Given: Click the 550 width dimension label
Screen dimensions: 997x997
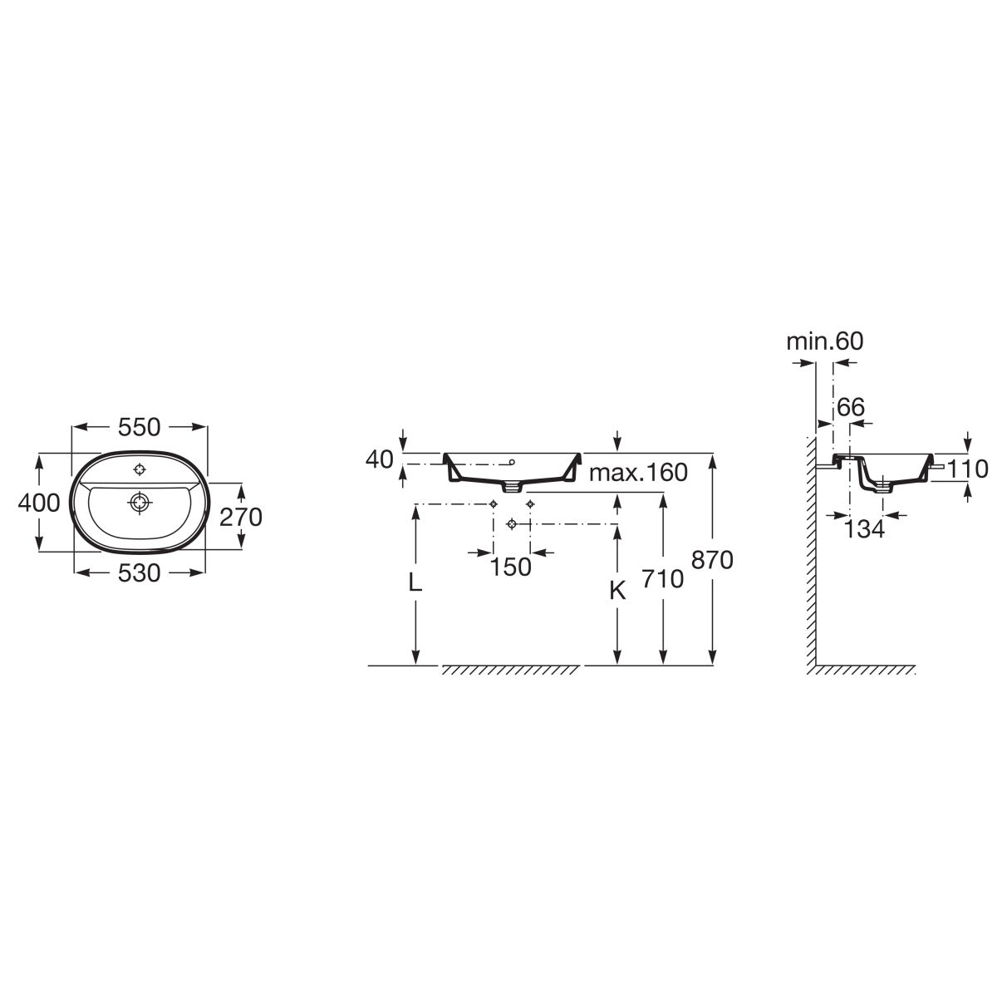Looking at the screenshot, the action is (x=140, y=427).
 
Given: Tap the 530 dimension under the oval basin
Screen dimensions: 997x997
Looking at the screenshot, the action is (x=140, y=573).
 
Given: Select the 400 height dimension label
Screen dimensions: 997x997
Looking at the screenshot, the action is (x=39, y=503).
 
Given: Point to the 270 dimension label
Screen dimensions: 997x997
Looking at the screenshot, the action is (x=241, y=517).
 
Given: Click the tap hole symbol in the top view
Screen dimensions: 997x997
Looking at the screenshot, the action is (x=140, y=469).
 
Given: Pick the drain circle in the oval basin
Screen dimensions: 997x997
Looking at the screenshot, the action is (x=140, y=503).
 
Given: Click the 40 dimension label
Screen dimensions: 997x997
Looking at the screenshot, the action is (x=379, y=459).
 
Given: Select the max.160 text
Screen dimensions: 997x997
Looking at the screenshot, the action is (x=638, y=472).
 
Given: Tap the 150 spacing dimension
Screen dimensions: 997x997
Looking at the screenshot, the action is (x=511, y=567).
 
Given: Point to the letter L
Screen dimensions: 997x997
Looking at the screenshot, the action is (x=415, y=582).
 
